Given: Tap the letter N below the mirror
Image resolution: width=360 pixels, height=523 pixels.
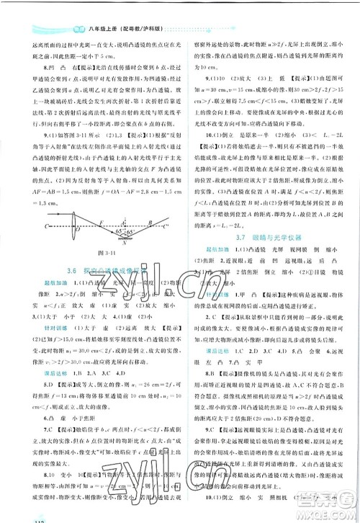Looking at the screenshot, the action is (x=125, y=241).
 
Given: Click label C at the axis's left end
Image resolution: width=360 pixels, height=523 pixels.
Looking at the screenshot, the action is (x=48, y=225).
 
